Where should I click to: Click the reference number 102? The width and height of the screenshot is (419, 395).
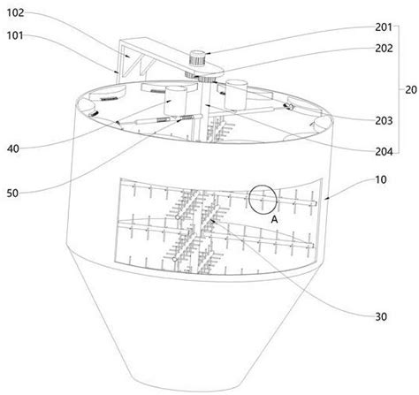click(x=15, y=13)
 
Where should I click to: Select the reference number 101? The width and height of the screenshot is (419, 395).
click(x=15, y=35)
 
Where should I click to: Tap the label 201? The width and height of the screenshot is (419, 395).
click(x=384, y=27)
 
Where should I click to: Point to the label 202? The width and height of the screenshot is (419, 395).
click(x=384, y=49)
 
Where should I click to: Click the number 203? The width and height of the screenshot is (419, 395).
click(x=384, y=121)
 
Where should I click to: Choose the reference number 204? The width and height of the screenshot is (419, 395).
click(x=384, y=152)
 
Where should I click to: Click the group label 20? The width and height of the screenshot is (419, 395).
click(x=411, y=90)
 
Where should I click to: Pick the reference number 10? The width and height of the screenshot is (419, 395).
click(x=381, y=179)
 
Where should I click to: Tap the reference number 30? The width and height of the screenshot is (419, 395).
click(x=381, y=316)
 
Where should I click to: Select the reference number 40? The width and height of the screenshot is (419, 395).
click(x=13, y=148)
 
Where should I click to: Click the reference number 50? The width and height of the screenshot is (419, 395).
click(x=12, y=194)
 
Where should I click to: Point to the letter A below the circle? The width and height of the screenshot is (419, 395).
click(x=274, y=219)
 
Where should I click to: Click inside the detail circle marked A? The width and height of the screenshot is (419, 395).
click(x=263, y=200)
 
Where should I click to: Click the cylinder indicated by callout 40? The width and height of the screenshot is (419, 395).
click(x=176, y=101)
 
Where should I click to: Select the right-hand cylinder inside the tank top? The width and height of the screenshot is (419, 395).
click(x=236, y=95)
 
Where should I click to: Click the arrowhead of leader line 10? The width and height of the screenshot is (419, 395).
click(x=325, y=200)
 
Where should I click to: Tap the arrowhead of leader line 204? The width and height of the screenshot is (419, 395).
click(x=207, y=104)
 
